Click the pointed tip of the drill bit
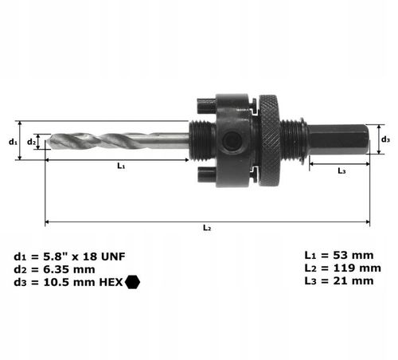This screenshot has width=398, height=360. pyautogui.click(x=48, y=142)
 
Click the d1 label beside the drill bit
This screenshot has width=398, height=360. pyautogui.click(x=14, y=141)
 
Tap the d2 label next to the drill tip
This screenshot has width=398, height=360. pyautogui.click(x=32, y=142)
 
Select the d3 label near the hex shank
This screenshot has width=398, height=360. pyautogui.click(x=385, y=140)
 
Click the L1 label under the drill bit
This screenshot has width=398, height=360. pyautogui.click(x=121, y=166)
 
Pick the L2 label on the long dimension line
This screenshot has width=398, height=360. pyautogui.click(x=206, y=228)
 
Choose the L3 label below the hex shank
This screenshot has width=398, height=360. pyautogui.click(x=341, y=170)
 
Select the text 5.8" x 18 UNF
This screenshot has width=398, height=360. pyautogui.click(x=80, y=256)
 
